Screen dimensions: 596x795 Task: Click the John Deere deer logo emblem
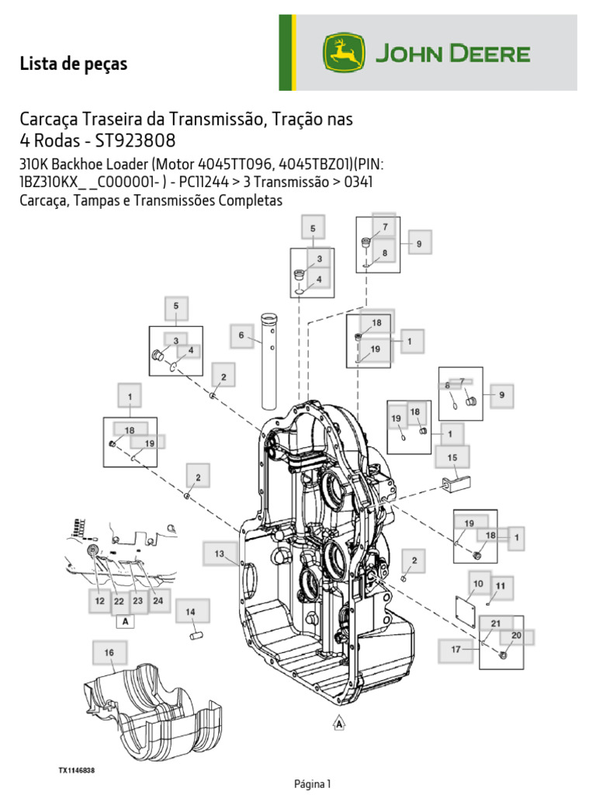pos(344,53)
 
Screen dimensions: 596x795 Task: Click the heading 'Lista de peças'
pos(74,64)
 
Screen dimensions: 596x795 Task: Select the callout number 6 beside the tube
pos(241,335)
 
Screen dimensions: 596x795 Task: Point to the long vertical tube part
pos(269,362)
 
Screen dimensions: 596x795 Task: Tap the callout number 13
pos(219,554)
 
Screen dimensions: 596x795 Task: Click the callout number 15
pos(452,457)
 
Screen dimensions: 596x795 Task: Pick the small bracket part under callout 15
pos(456,484)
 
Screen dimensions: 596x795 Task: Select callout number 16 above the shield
pos(109,652)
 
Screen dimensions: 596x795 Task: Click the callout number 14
pos(190,612)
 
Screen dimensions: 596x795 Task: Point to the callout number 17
pos(456,650)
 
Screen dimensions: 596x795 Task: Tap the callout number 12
pos(99,601)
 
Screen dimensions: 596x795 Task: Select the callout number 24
pos(158,601)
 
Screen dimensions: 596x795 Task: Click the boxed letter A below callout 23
pos(125,621)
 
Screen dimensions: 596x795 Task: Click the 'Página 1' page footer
pos(312,784)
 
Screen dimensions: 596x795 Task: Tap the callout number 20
pos(516,635)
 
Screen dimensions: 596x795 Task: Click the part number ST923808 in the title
pos(135,141)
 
